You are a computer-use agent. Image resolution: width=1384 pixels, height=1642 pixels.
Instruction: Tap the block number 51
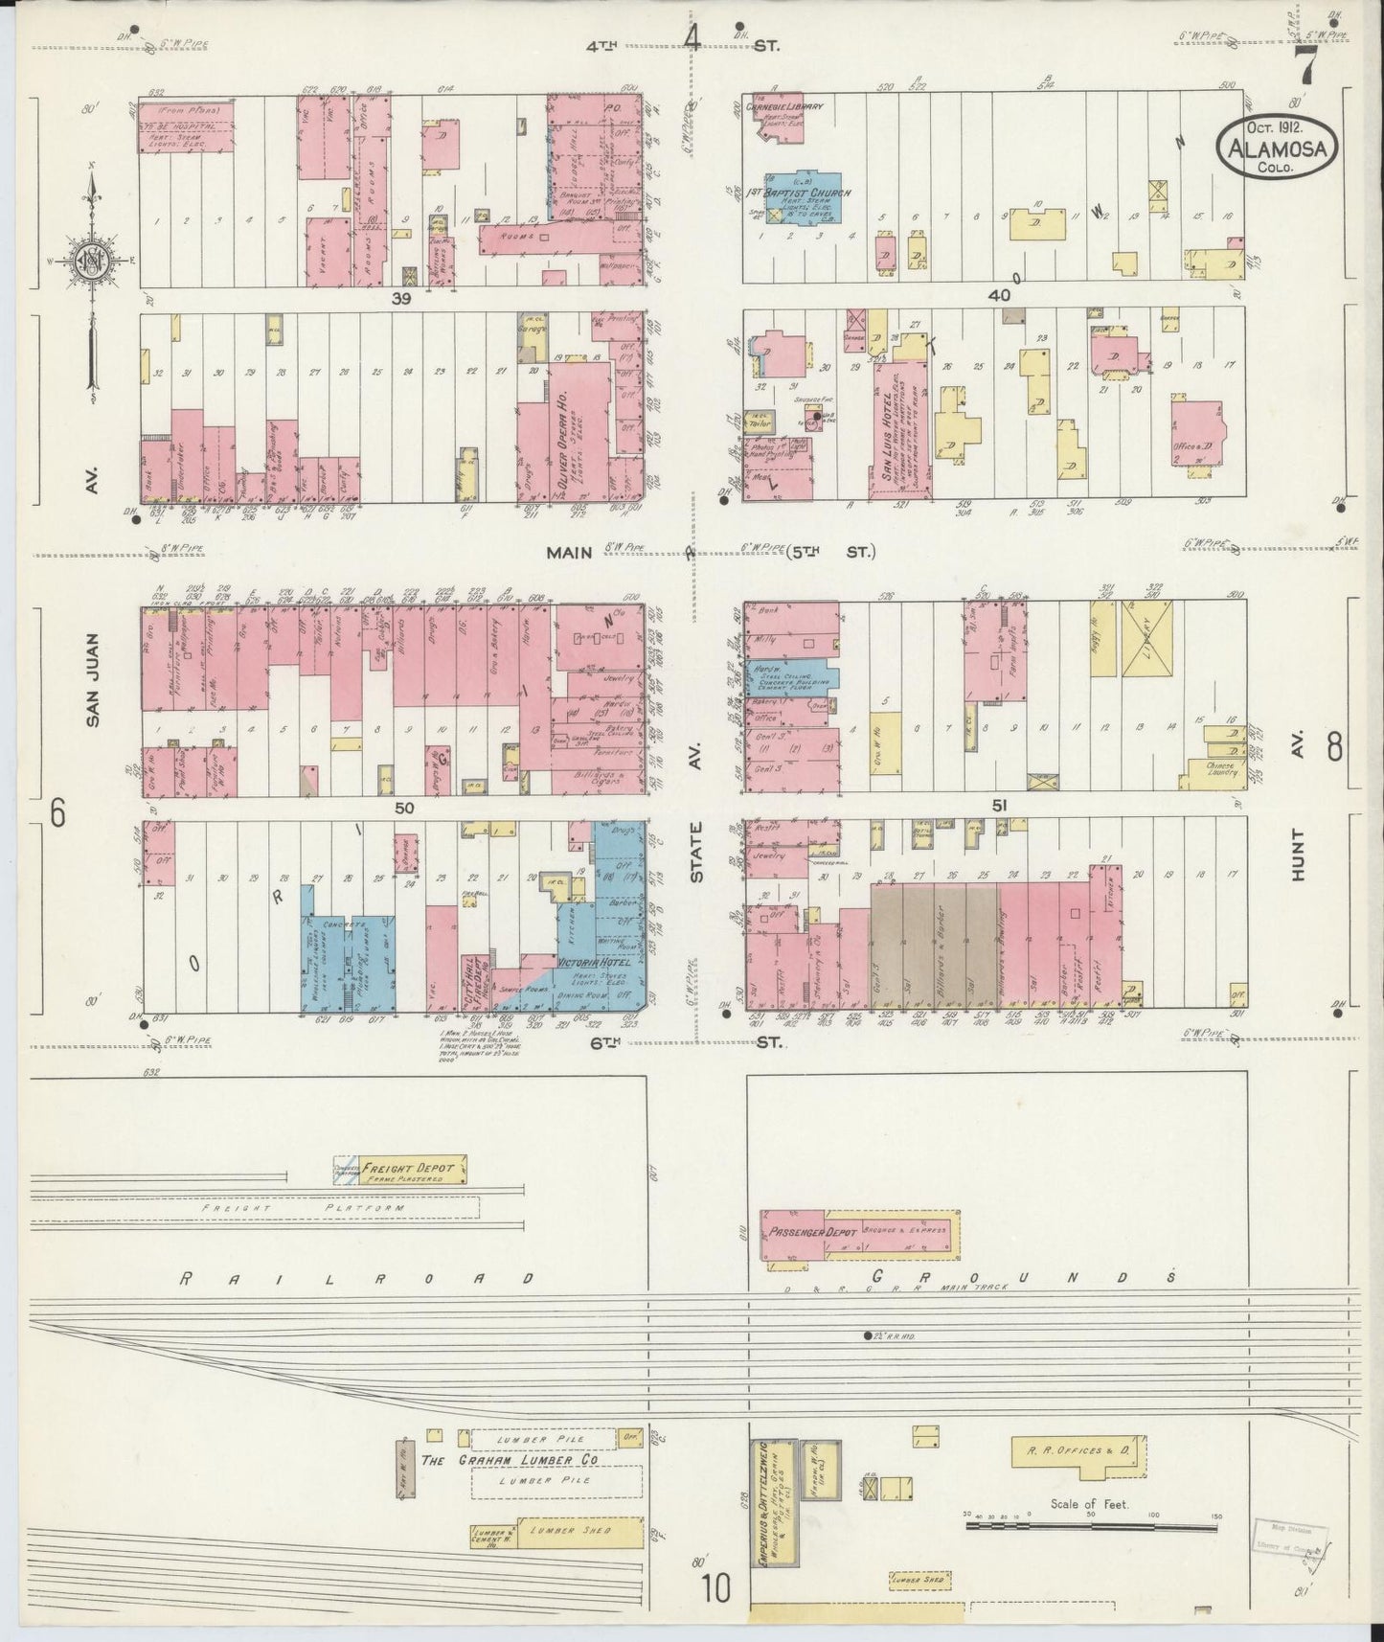coord(999,807)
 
